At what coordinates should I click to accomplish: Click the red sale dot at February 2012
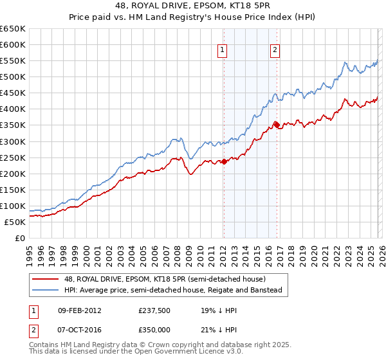[223, 161]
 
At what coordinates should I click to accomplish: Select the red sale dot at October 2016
[276, 125]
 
